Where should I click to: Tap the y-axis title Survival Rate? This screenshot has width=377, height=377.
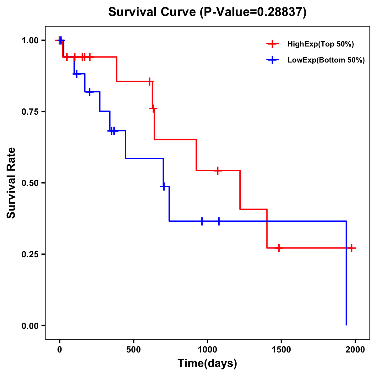(x=11, y=183)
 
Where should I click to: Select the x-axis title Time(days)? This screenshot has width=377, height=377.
(x=207, y=363)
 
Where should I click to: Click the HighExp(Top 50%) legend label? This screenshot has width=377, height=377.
(x=320, y=44)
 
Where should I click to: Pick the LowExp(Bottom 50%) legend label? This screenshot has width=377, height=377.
(x=326, y=60)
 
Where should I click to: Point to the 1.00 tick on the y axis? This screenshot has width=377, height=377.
(x=30, y=41)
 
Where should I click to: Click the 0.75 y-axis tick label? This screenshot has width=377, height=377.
(x=30, y=112)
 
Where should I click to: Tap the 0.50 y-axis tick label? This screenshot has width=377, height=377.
(x=30, y=183)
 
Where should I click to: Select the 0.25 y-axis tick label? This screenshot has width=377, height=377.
(x=30, y=254)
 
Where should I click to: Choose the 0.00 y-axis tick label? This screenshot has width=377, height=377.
(x=30, y=326)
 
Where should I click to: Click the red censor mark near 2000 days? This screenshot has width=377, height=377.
(x=352, y=248)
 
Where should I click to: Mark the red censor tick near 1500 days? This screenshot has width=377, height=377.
(x=279, y=248)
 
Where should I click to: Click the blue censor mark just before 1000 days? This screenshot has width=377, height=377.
(x=202, y=221)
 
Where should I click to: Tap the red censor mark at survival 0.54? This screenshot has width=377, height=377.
(x=217, y=171)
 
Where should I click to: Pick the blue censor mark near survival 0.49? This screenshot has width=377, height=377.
(x=163, y=186)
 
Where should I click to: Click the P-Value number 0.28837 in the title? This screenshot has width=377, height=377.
(x=280, y=12)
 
